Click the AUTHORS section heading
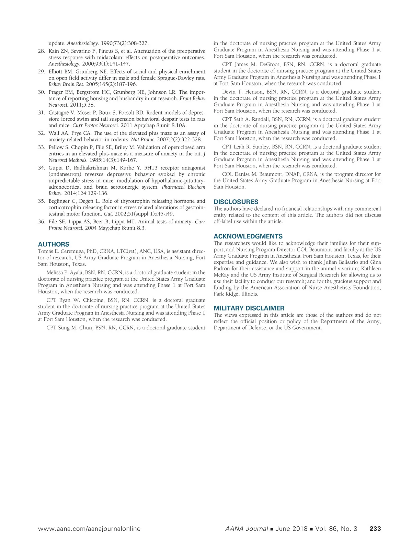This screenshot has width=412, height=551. (54, 244)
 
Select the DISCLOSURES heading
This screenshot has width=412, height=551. (236, 202)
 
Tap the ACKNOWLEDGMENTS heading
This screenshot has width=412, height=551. (248, 236)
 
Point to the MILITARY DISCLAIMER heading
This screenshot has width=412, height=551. (249, 308)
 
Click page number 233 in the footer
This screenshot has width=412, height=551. (375, 529)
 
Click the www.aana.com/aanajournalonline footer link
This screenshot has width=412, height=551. (89, 529)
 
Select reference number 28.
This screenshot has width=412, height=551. (42, 51)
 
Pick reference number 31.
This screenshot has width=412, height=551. (42, 113)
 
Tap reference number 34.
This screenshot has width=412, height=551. (42, 168)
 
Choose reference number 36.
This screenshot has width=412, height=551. (42, 222)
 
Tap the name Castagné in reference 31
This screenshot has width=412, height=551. (59, 113)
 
